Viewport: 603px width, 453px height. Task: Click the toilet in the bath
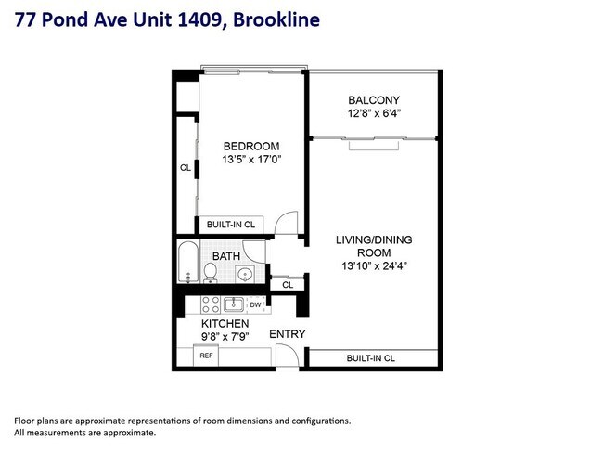click(211, 272)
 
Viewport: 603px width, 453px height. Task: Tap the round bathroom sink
click(244, 273)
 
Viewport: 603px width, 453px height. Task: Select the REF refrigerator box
click(205, 356)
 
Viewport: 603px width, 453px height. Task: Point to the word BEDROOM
click(250, 147)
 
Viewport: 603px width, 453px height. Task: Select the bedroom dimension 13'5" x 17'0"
click(250, 160)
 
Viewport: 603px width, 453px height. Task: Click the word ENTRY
click(287, 334)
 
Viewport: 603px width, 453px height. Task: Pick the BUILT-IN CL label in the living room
click(371, 357)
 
